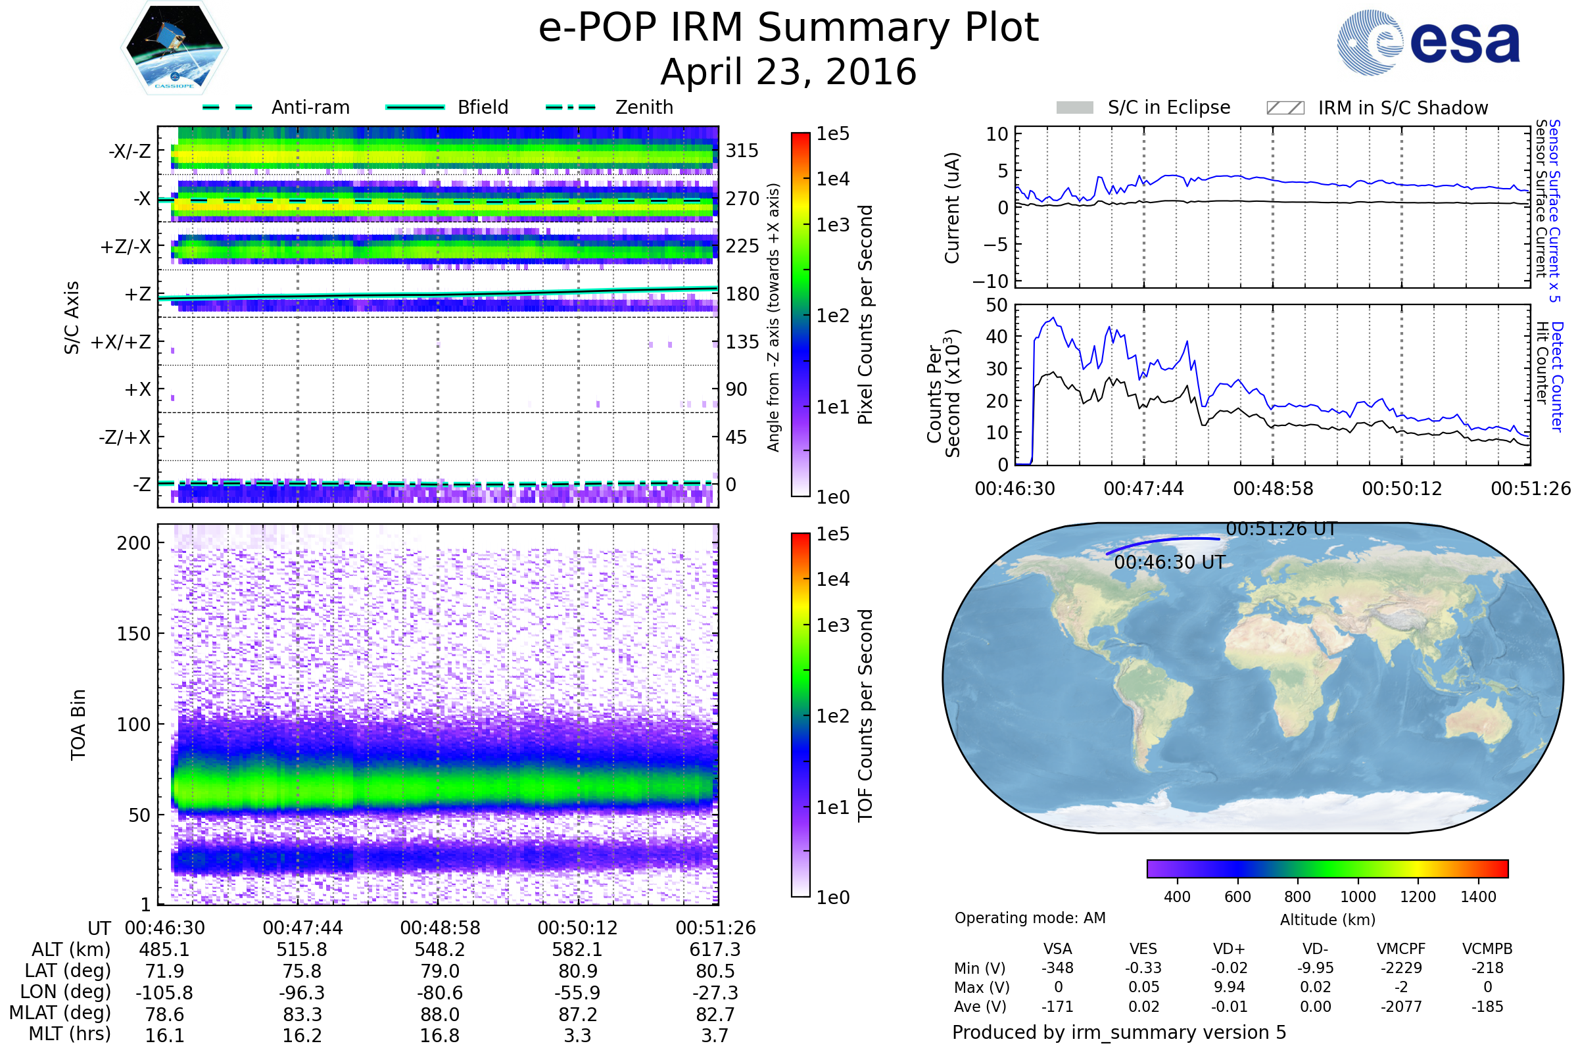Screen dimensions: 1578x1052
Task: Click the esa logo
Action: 1428,42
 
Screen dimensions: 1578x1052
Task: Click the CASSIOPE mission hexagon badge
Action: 174,47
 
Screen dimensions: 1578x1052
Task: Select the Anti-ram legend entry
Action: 275,107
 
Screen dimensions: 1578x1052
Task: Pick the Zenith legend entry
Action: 610,107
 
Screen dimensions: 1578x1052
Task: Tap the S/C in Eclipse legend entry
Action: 1143,107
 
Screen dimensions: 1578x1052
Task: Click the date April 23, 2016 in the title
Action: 788,72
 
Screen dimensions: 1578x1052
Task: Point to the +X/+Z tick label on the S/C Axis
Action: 121,342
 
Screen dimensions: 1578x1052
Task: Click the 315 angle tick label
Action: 742,151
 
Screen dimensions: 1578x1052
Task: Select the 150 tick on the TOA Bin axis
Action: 134,634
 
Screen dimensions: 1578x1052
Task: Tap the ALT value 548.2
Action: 439,949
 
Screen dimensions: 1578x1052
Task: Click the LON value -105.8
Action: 164,992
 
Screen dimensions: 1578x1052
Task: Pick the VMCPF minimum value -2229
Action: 1402,968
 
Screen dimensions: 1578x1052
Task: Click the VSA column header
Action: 1058,949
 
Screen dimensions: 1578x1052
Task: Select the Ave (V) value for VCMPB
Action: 1487,1007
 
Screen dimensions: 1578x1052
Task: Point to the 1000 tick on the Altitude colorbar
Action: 1358,897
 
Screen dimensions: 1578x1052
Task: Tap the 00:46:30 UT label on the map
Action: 1170,562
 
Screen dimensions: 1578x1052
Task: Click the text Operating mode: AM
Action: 1030,918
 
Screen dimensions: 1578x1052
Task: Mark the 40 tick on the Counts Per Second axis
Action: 997,337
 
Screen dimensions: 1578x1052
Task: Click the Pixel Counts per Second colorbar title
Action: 865,315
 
